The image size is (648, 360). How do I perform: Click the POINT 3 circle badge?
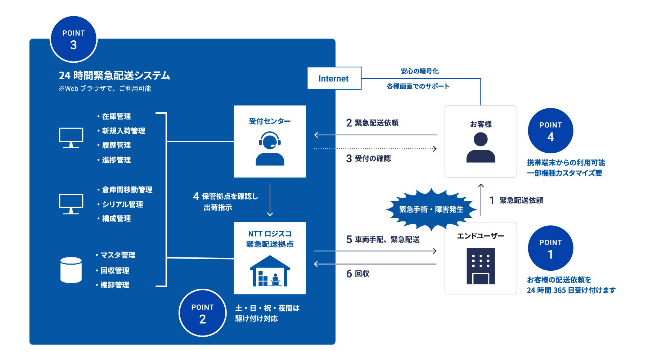click(x=73, y=39)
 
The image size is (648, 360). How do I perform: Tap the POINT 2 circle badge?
click(x=202, y=313)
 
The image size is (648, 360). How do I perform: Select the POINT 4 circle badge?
click(x=550, y=131)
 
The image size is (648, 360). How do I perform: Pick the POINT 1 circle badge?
click(x=550, y=248)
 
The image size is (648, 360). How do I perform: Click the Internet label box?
click(x=334, y=78)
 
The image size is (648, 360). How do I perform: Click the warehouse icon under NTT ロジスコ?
click(x=270, y=271)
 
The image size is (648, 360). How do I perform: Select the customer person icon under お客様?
click(x=481, y=148)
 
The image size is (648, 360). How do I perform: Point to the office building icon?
click(x=481, y=266)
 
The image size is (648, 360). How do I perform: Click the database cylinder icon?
click(x=71, y=270)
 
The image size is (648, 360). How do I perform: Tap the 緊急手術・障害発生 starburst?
click(x=431, y=209)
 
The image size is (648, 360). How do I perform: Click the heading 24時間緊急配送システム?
click(x=114, y=76)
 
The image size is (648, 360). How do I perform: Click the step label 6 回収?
click(x=358, y=274)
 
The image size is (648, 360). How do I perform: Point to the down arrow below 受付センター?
click(x=270, y=200)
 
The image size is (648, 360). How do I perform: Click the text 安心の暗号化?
click(x=420, y=71)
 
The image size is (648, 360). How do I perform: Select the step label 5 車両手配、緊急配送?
click(x=383, y=240)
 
